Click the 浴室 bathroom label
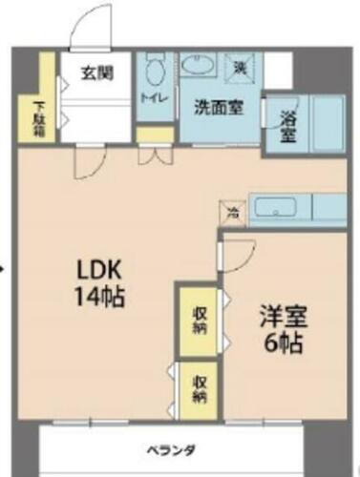(x=287, y=126)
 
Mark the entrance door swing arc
(x=93, y=29)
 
